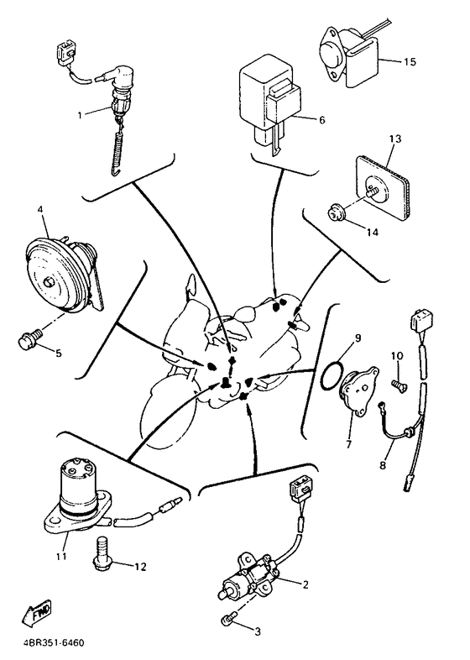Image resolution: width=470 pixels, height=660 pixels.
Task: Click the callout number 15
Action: click(410, 62)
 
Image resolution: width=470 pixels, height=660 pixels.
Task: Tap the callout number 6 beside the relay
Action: click(322, 120)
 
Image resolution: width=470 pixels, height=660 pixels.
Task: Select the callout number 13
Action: click(395, 139)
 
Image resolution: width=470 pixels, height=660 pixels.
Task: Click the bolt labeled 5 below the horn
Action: click(31, 338)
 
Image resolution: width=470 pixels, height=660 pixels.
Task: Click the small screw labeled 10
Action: click(399, 385)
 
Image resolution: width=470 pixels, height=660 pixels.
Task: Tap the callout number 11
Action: click(62, 557)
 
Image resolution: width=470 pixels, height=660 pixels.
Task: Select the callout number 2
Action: click(305, 584)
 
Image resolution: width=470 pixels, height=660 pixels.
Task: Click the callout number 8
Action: click(383, 465)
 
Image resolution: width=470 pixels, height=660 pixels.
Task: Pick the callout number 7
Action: click(349, 443)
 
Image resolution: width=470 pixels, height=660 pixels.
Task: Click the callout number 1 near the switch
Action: click(80, 115)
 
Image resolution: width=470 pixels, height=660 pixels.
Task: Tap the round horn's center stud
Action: click(50, 281)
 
